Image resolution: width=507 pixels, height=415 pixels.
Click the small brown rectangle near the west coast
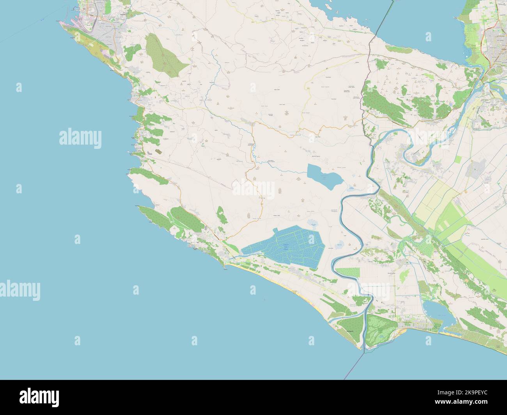pos(158,150)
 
